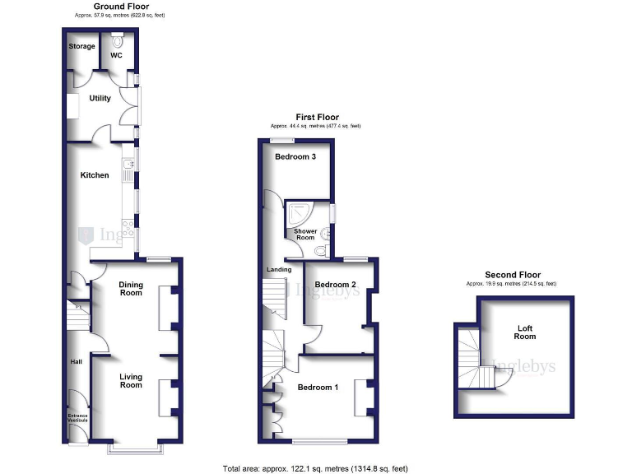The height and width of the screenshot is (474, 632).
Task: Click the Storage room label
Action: pos(81,46)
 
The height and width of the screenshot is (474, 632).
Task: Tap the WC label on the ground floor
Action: pos(116,56)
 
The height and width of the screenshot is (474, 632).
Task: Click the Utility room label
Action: pos(100,99)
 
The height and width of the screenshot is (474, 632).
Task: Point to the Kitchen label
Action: pos(94,174)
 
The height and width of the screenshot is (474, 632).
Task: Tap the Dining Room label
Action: pos(131,289)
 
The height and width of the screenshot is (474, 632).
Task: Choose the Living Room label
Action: pos(131,381)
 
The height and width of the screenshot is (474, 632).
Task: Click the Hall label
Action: pos(76,362)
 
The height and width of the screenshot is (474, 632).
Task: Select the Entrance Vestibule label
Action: pos(77,418)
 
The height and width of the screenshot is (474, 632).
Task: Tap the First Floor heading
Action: pos(317,118)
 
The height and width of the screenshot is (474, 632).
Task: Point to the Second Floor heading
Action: pos(511,275)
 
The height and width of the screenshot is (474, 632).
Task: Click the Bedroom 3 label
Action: pos(295,156)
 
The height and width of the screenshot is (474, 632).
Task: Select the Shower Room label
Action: pos(305,235)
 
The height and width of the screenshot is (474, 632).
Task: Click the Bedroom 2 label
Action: pos(335,284)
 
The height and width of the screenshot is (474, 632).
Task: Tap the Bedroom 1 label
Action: pos(318,387)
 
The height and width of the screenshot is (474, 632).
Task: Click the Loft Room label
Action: pos(525,332)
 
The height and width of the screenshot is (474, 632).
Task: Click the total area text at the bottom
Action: pos(315,468)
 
